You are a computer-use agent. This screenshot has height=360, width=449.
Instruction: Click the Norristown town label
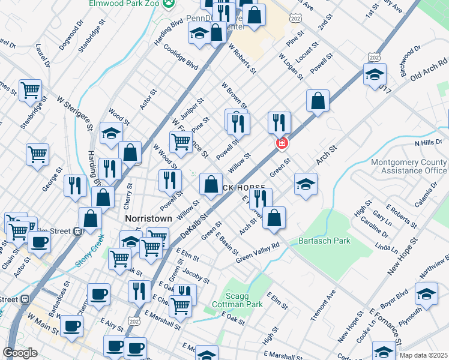tap(148, 218)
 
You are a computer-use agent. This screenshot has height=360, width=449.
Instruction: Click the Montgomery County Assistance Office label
tap(409, 166)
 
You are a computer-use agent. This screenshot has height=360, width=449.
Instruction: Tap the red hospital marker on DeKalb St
tap(280, 143)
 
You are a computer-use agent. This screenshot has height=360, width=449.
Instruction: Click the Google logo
tap(20, 353)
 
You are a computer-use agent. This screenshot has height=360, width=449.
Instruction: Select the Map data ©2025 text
tap(423, 355)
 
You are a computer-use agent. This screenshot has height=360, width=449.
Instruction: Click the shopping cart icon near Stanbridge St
tap(30, 91)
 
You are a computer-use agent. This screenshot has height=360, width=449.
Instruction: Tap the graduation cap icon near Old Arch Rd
tap(374, 75)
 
